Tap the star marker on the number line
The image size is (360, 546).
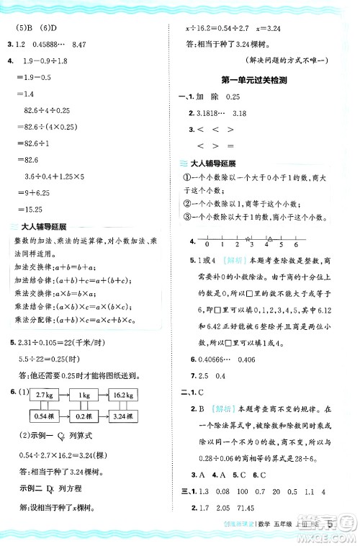pyautogui.click(x=248, y=238)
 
